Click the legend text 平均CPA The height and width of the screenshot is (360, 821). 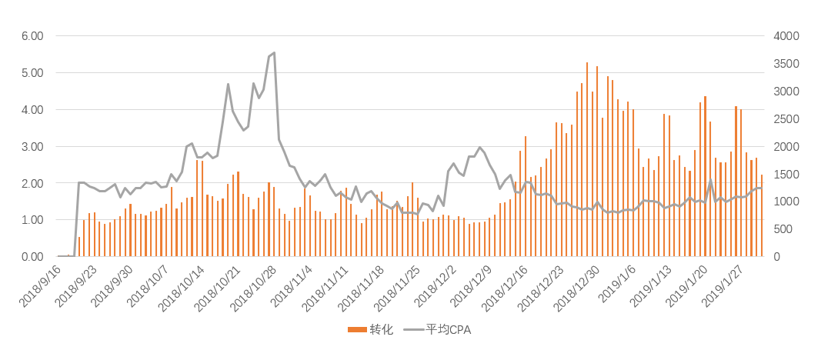coord(449,330)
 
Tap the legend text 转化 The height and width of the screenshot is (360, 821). coord(381,330)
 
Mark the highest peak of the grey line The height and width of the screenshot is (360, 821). coord(274,53)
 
